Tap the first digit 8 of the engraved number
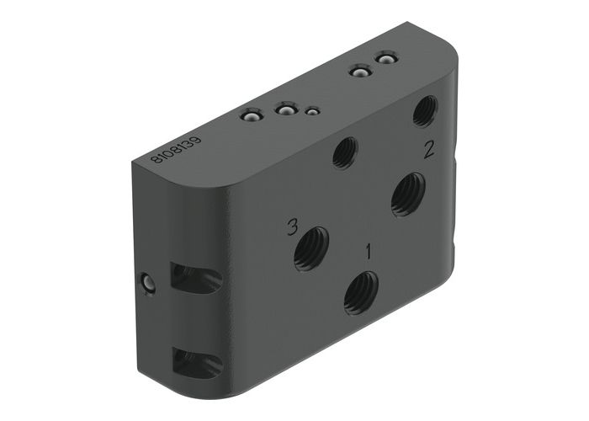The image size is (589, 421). click(x=156, y=158)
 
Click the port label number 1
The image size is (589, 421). click(x=367, y=250)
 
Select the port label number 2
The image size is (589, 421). click(x=428, y=150)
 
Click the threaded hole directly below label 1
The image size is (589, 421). click(x=360, y=292)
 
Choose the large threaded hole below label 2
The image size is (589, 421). click(x=408, y=194)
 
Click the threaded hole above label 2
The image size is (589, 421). click(x=426, y=110)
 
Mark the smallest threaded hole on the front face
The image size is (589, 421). click(x=345, y=153)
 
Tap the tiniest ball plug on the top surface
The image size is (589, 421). click(x=312, y=110)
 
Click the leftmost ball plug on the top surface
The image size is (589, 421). click(x=250, y=116)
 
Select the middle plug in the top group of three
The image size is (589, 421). click(x=286, y=111)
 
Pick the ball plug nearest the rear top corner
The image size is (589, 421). click(x=385, y=59)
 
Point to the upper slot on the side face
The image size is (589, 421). click(x=195, y=278)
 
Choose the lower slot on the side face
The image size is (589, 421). click(x=195, y=362)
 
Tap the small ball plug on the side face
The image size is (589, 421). click(x=149, y=285)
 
